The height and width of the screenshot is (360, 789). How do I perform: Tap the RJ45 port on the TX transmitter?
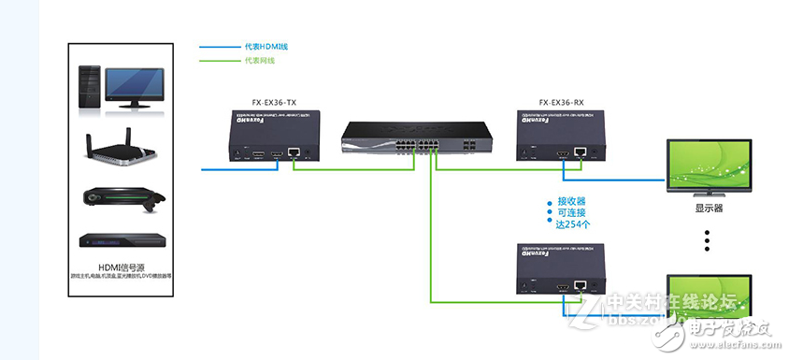point(294,151)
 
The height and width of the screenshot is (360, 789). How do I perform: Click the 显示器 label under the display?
point(709,209)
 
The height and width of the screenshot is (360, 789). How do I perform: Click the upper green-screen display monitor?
point(709,166)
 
